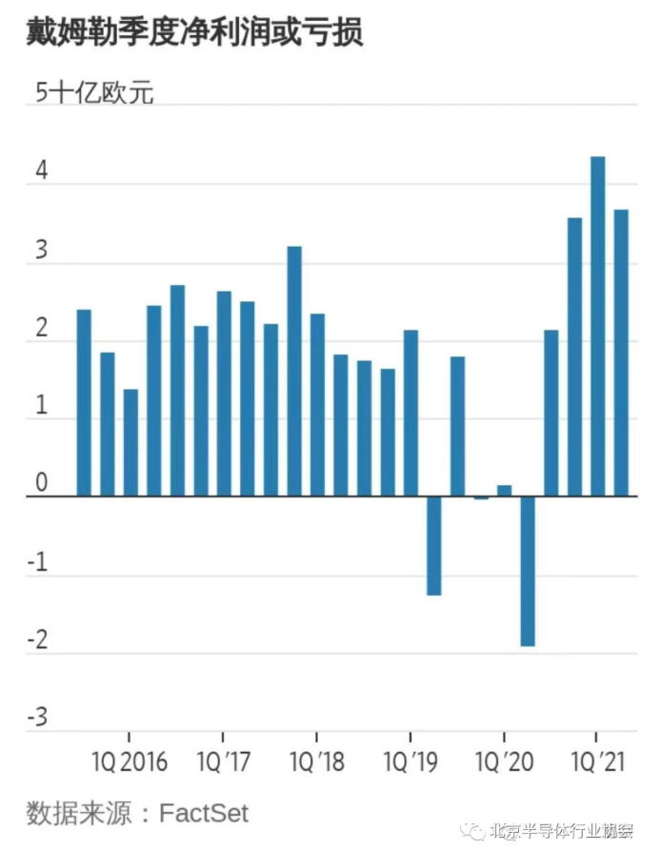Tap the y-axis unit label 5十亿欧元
point(94,93)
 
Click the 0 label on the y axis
point(41,484)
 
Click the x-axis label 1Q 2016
point(130,762)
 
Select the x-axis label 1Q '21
point(596,762)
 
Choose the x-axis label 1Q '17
point(223,762)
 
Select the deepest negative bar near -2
point(528,571)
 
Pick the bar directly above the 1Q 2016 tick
point(130,443)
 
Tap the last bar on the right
point(620,353)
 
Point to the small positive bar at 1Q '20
point(504,491)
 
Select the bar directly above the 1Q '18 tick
point(317,405)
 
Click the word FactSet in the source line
point(203,813)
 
